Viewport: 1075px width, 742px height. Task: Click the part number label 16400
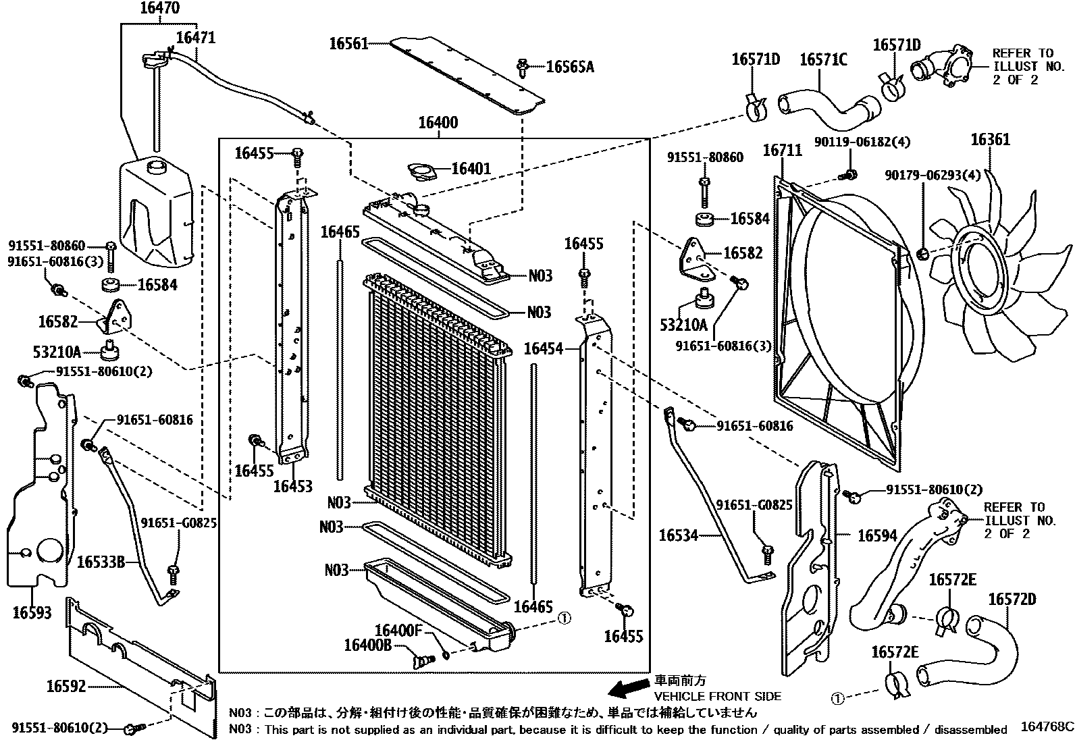tap(438, 123)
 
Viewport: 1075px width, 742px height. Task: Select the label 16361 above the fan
tap(990, 140)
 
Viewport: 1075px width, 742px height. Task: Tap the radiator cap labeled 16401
tap(421, 171)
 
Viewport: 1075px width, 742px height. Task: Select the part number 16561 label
tap(348, 44)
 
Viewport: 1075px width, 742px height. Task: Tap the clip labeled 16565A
tap(523, 66)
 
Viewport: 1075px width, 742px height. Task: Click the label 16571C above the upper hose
tap(822, 60)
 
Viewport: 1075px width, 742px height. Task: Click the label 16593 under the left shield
tap(32, 612)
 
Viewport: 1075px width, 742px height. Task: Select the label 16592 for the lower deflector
tap(66, 686)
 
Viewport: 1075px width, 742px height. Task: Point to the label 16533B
tap(101, 561)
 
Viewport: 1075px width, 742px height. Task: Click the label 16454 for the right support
tap(543, 348)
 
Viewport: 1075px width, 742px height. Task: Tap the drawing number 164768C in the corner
tap(1046, 726)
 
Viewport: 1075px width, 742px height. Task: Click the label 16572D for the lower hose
tap(1011, 599)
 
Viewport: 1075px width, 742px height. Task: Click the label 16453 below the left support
tap(292, 486)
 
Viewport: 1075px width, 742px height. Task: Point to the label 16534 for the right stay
tap(678, 535)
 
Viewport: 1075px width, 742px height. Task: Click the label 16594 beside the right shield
tap(877, 535)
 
